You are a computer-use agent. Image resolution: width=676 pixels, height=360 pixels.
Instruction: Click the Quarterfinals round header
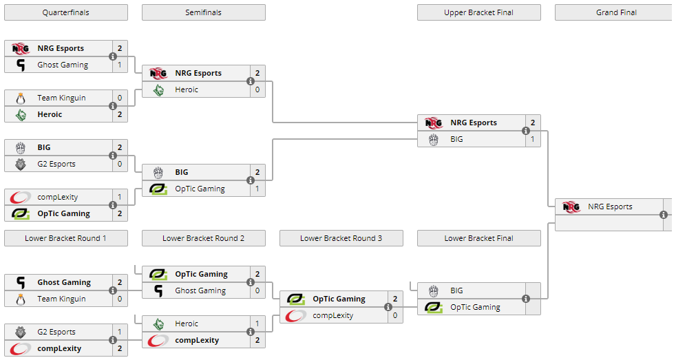coord(65,12)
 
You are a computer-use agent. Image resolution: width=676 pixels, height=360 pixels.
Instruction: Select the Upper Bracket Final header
coord(478,12)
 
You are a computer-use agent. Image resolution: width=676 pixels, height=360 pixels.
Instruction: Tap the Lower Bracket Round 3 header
coord(341,238)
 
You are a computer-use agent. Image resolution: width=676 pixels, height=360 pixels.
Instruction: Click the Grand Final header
coord(615,12)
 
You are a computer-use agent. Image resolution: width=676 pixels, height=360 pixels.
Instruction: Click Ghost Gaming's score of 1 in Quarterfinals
coord(120,65)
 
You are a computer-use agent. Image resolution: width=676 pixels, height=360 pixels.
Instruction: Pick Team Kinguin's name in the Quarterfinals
coord(61,98)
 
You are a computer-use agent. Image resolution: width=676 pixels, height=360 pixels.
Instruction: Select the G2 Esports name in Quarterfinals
coord(56,164)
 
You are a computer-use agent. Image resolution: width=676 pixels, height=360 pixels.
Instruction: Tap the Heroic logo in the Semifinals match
coord(158,89)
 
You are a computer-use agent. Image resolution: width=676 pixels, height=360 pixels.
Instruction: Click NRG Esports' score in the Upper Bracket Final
coord(533,123)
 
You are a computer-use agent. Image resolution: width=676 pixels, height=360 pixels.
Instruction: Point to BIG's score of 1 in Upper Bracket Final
coord(533,139)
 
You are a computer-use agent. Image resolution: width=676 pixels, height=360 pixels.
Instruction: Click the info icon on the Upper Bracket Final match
coord(526,131)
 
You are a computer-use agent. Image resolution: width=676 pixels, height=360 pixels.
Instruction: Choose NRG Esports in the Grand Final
coord(610,207)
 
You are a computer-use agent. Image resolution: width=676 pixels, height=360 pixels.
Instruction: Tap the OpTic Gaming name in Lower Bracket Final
coord(475,307)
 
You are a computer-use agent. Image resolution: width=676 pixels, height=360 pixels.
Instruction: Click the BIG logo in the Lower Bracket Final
coord(434,290)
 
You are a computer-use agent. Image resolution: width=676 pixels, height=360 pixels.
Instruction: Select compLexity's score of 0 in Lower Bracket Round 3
coord(395,315)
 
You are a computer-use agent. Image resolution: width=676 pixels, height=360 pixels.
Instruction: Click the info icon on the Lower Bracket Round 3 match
coord(388,307)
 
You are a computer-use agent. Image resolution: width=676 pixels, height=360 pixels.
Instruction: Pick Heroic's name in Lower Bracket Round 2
coord(187,324)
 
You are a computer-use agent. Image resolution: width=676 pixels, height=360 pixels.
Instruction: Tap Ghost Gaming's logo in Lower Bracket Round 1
coord(21,282)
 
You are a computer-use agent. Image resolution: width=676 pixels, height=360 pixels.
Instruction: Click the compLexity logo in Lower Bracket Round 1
coord(21,348)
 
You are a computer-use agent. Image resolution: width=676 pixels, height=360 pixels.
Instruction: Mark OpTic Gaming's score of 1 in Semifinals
coord(257,189)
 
